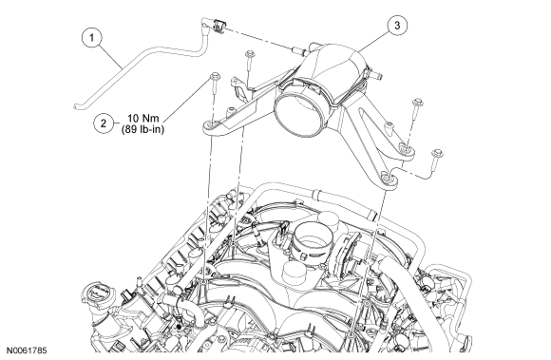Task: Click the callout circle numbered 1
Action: point(92,37)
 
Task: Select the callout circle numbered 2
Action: point(104,123)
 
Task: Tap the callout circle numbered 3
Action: point(397,26)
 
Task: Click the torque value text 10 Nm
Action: point(143,119)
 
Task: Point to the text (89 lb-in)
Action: point(143,129)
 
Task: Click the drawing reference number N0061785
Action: point(27,351)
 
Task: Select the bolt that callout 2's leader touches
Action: point(215,84)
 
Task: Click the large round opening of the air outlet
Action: point(299,113)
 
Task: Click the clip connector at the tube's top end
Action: point(218,27)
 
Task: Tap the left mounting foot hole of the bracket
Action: point(212,125)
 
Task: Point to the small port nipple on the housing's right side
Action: point(378,75)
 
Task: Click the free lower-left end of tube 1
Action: point(76,106)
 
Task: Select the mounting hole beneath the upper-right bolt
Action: point(406,150)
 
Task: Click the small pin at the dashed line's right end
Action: point(298,51)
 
